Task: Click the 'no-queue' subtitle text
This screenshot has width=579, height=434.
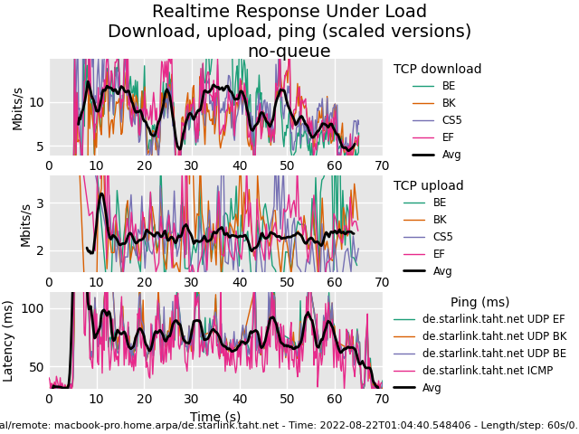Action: [x=289, y=52]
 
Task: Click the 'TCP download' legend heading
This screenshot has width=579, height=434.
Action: [x=437, y=70]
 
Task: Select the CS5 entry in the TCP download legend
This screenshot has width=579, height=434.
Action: [x=451, y=120]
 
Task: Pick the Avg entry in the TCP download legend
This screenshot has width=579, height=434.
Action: [x=451, y=155]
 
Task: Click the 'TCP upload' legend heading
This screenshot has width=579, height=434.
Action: [x=428, y=186]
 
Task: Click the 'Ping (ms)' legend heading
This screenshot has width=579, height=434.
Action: [x=479, y=303]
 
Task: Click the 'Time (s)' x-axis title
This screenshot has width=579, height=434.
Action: [x=215, y=417]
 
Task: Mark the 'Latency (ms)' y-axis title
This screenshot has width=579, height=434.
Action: [x=9, y=341]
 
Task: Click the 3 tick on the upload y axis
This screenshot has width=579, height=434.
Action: [x=40, y=204]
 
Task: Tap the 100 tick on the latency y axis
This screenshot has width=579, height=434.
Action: [x=32, y=308]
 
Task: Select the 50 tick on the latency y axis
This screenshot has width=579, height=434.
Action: [x=35, y=367]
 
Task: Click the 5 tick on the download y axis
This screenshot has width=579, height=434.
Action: [x=40, y=146]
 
